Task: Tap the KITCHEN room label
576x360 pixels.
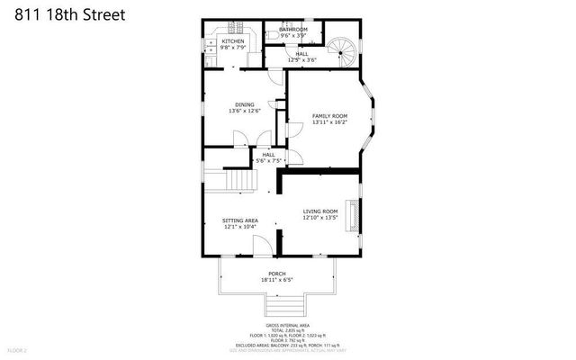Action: (x=233, y=41)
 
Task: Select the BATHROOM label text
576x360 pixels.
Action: (x=293, y=30)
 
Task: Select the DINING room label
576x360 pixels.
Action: (x=245, y=104)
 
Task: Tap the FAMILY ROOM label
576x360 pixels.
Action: (x=329, y=116)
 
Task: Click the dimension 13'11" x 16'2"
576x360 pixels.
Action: (x=329, y=123)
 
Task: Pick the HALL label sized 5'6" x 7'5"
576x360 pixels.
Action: (x=268, y=155)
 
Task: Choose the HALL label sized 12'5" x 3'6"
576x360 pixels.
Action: (x=301, y=54)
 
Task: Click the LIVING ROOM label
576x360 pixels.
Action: (x=319, y=211)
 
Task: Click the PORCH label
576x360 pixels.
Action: (x=277, y=274)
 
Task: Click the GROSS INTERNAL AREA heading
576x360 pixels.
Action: (x=287, y=325)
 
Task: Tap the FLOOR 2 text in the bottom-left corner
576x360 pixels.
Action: (x=18, y=349)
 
